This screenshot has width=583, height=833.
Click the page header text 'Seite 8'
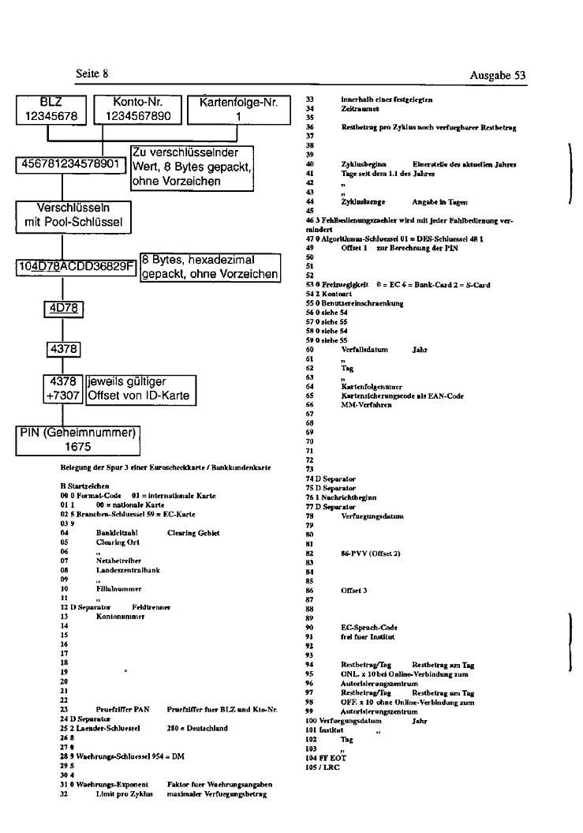coord(92,73)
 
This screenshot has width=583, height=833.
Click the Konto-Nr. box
coord(137,109)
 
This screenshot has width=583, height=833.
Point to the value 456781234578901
coord(69,166)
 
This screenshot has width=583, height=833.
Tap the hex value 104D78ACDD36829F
coord(76,265)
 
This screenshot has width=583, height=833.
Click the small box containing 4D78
coord(62,308)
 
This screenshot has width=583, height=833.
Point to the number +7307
coord(62,395)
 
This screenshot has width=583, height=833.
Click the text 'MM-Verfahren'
coord(363,403)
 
